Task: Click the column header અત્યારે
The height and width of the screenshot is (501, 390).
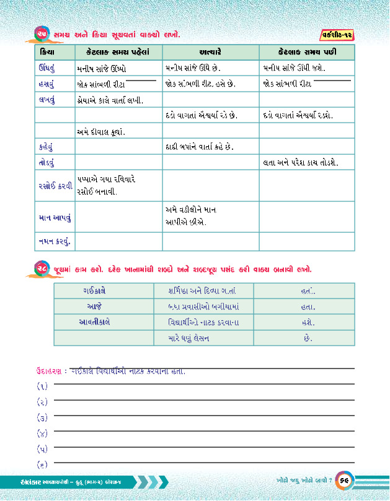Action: pyautogui.click(x=211, y=51)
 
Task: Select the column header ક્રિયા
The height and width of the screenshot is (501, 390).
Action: pyautogui.click(x=47, y=51)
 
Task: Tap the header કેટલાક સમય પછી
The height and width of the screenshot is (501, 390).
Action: pyautogui.click(x=307, y=51)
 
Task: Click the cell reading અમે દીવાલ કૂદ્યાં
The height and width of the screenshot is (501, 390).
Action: pyautogui.click(x=101, y=131)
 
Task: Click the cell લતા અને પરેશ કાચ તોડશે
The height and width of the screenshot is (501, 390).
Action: pyautogui.click(x=300, y=162)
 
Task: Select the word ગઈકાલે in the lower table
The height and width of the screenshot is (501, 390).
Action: pyautogui.click(x=94, y=290)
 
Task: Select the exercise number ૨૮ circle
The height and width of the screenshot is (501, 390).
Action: pyautogui.click(x=42, y=269)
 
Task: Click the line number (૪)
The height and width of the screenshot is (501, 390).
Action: pyautogui.click(x=42, y=433)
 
